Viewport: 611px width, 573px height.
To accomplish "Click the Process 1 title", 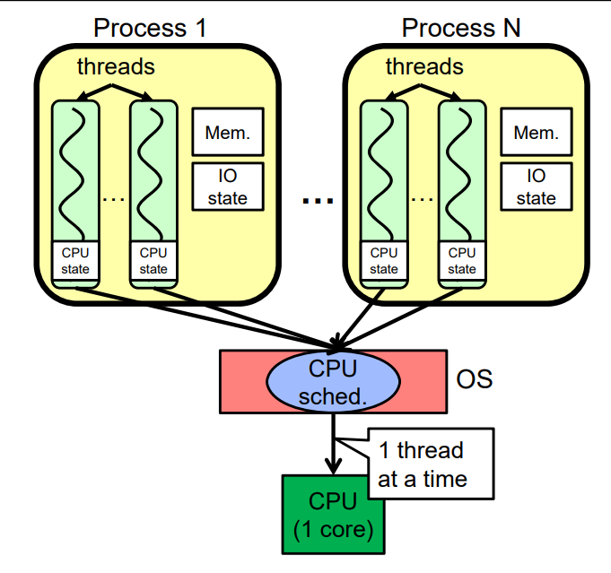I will (x=150, y=27).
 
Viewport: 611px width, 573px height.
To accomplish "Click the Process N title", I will (x=460, y=27).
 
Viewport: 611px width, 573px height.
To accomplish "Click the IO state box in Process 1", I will (x=228, y=187).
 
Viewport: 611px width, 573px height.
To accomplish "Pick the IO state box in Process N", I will (x=536, y=187).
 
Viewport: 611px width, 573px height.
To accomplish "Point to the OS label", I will (x=475, y=379).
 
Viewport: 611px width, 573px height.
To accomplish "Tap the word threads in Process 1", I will (x=116, y=66).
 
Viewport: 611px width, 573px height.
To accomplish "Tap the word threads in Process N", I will (x=424, y=66).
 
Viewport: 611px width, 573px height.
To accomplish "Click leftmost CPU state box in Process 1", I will (x=75, y=261).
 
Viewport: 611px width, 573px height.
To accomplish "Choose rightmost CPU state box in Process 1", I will (x=153, y=261).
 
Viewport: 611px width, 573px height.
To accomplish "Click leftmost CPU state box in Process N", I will (x=384, y=261).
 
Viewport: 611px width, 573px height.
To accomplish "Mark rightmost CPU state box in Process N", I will (x=462, y=261).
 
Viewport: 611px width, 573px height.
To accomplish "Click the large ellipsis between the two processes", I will (x=318, y=202).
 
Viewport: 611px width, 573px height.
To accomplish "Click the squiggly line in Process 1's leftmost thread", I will (x=75, y=170).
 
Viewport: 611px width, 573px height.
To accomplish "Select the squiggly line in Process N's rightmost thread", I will (x=462, y=170).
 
